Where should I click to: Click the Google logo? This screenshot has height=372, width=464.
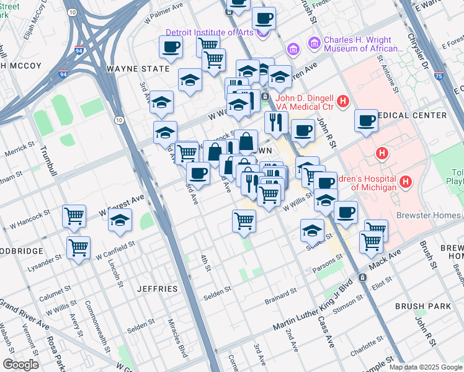pyautogui.click(x=20, y=365)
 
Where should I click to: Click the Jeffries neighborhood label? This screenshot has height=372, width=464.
pyautogui.click(x=157, y=289)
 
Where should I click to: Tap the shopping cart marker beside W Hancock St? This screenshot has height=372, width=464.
pyautogui.click(x=73, y=217)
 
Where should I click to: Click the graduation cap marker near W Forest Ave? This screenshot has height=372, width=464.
pyautogui.click(x=120, y=221)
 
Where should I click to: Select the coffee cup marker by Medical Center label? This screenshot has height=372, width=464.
pyautogui.click(x=367, y=120)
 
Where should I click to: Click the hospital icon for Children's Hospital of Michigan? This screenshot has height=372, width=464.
pyautogui.click(x=406, y=182)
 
